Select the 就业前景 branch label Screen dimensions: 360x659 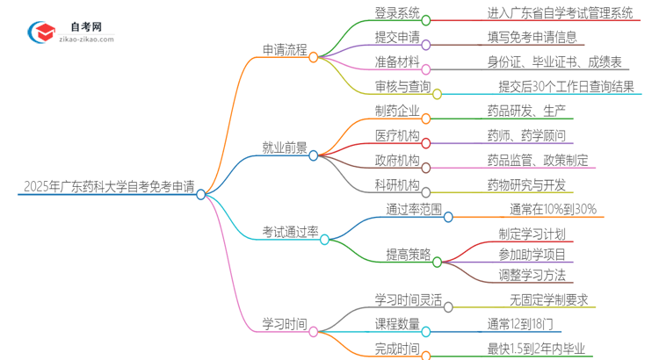[285, 148]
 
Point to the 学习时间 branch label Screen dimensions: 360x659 [285, 324]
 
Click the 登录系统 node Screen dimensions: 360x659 [384, 14]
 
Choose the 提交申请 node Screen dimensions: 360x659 [384, 38]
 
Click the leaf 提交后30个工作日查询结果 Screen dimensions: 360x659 [566, 86]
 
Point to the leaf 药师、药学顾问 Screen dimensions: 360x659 [526, 135]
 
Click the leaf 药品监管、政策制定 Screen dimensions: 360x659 [538, 160]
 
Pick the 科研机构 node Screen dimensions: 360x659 [384, 184]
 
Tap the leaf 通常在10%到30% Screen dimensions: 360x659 [553, 209]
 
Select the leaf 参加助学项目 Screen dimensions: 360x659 [519, 255]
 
